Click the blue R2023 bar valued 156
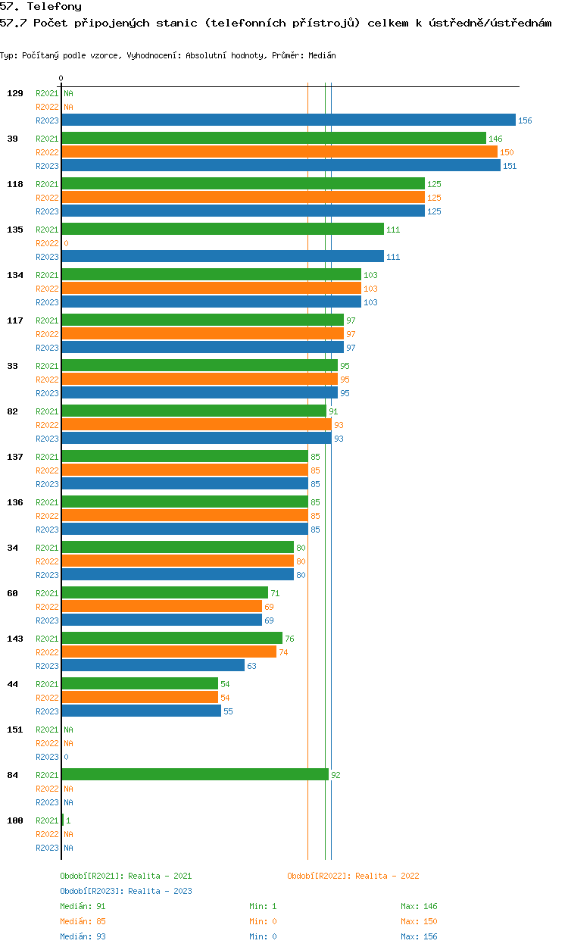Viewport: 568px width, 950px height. click(x=289, y=120)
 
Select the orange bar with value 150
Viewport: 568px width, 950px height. click(x=279, y=152)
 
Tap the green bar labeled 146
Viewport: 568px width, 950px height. click(x=274, y=139)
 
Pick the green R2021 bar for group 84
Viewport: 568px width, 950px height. click(x=195, y=774)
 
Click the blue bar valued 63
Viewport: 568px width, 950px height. click(x=153, y=665)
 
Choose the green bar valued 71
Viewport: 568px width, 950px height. click(x=165, y=592)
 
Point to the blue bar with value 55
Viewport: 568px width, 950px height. click(x=142, y=711)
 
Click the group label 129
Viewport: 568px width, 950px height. click(x=15, y=93)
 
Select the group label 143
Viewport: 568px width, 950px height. click(x=15, y=639)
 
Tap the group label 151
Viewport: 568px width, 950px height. click(x=15, y=730)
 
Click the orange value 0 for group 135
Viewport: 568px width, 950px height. click(x=66, y=243)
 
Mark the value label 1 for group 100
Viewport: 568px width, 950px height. click(x=68, y=820)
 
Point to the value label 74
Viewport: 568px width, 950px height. click(x=283, y=652)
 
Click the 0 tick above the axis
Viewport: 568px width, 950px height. click(x=61, y=78)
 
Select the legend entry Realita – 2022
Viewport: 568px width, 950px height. click(x=353, y=876)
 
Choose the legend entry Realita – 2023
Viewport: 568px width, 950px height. click(x=126, y=891)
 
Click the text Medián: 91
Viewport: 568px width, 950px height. click(x=83, y=906)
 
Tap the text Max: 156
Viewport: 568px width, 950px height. click(x=419, y=936)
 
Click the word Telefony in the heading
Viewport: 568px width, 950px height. click(x=55, y=6)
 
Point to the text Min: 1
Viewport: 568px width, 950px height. click(x=263, y=906)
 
